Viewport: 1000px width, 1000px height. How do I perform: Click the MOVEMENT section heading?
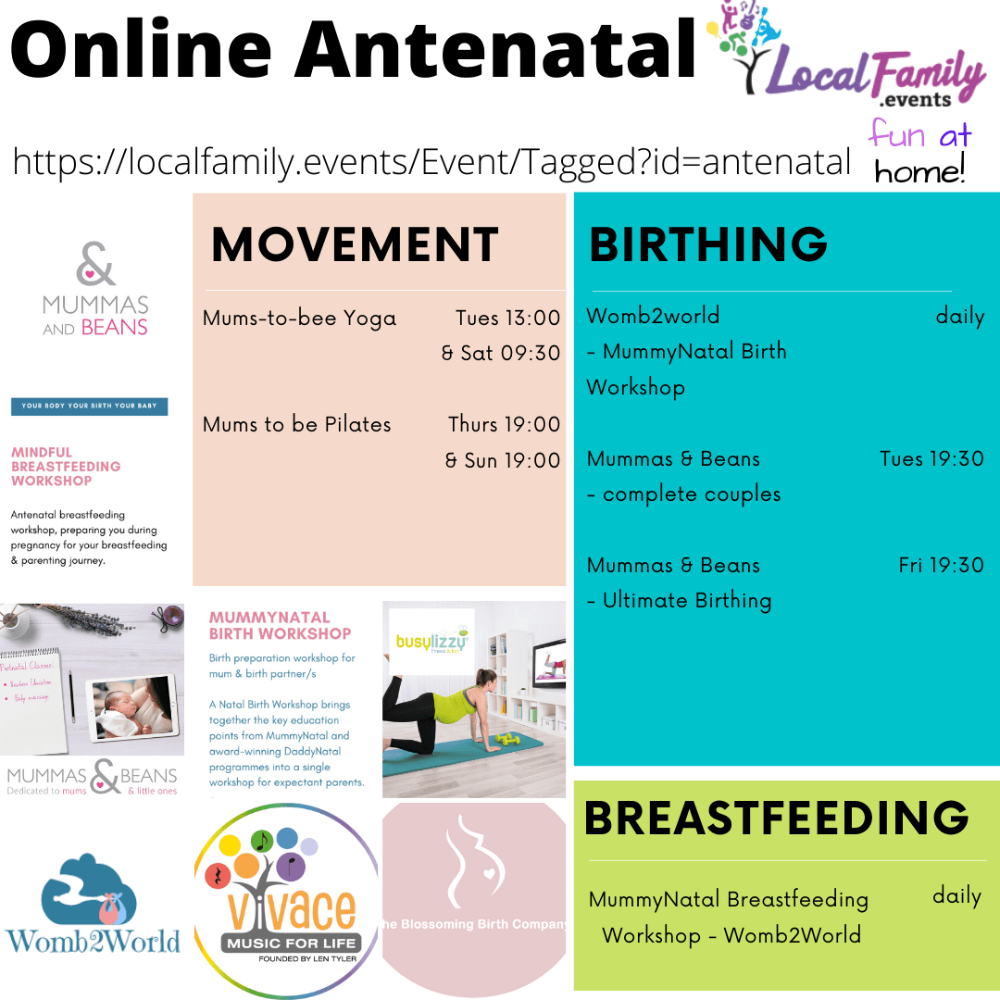pyautogui.click(x=355, y=245)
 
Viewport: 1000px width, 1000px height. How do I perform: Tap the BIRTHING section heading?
pyautogui.click(x=708, y=245)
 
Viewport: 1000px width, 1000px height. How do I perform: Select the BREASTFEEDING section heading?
pyautogui.click(x=777, y=818)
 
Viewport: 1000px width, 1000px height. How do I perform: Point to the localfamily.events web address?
pyautogui.click(x=431, y=162)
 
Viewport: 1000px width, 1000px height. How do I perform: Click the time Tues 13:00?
pyautogui.click(x=507, y=319)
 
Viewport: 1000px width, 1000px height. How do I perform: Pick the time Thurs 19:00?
pyautogui.click(x=505, y=425)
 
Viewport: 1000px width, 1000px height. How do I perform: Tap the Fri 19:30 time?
pyautogui.click(x=941, y=566)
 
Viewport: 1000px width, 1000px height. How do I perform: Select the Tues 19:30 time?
pyautogui.click(x=931, y=459)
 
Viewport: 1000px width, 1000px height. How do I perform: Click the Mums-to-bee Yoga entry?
pyautogui.click(x=299, y=319)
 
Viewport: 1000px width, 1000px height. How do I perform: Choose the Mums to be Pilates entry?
pyautogui.click(x=297, y=425)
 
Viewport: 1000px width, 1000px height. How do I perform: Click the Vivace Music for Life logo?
pyautogui.click(x=286, y=901)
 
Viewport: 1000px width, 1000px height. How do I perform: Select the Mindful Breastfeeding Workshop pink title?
pyautogui.click(x=66, y=467)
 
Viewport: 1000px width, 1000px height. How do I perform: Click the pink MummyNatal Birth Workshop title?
pyautogui.click(x=281, y=625)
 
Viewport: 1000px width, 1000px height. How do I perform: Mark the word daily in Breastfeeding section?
pyautogui.click(x=956, y=896)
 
